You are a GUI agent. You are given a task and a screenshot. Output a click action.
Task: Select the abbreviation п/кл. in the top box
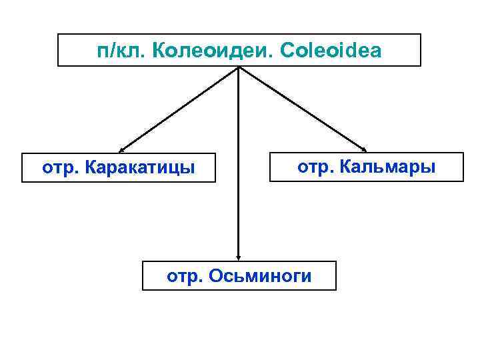pos(121,51)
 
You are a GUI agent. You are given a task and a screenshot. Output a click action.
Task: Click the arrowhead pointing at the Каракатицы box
pos(123,151)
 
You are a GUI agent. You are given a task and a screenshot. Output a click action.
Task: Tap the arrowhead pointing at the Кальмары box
pos(363,148)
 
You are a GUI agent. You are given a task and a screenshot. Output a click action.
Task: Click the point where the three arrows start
pos(239,67)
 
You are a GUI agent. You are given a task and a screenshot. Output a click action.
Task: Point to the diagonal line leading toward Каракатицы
pos(180,109)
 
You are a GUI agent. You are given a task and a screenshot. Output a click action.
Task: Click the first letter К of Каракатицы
pos(91,167)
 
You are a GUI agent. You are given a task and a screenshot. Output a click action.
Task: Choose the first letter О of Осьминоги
pos(215,275)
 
